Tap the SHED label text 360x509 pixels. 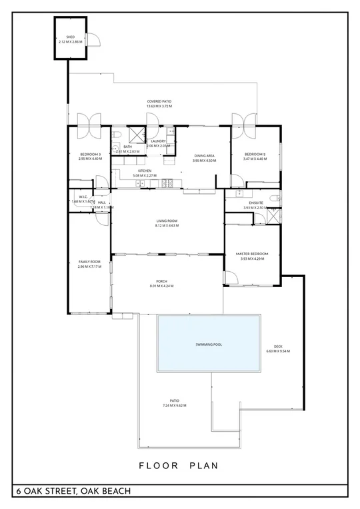pos(70,37)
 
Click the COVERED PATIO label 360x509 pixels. pos(159,101)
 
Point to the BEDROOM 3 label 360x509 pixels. pos(89,154)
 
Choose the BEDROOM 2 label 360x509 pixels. pos(255,154)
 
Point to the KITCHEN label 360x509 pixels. pos(145,171)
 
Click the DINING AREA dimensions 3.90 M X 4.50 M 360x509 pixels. pos(205,161)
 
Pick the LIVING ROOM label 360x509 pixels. pos(167,221)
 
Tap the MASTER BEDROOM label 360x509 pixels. pos(252,253)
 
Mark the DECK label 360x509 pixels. pos(278,346)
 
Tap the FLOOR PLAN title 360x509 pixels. pos(179,466)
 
